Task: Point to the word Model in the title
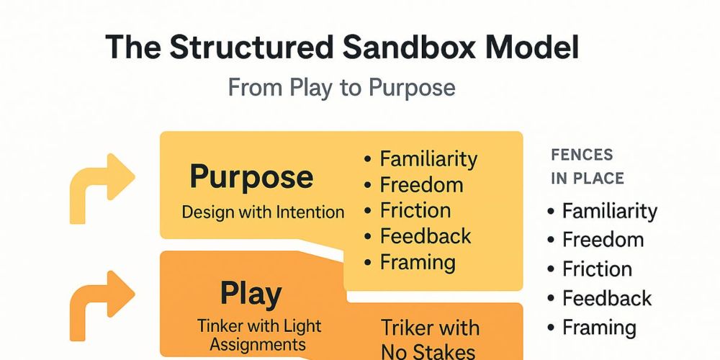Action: [x=528, y=48]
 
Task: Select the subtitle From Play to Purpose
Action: [x=341, y=87]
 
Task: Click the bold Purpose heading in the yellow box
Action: [x=251, y=178]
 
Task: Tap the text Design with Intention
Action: [x=263, y=212]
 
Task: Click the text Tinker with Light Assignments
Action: [x=259, y=335]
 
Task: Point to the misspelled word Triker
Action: [x=405, y=328]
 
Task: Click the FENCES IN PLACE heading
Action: [x=588, y=166]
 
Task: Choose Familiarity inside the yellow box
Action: [x=428, y=159]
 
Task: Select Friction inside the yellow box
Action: [x=415, y=210]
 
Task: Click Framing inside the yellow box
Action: [x=418, y=263]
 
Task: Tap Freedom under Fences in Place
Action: [x=603, y=240]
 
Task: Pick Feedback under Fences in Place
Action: [x=606, y=299]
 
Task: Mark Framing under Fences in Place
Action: [x=599, y=328]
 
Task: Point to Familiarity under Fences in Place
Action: [x=610, y=211]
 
